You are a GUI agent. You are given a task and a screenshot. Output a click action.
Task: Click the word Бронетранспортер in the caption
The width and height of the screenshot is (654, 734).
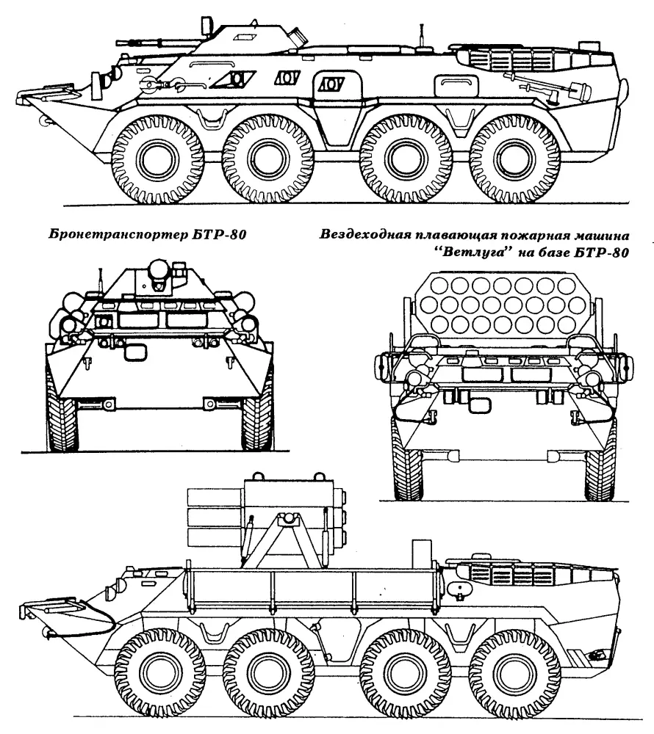click(119, 234)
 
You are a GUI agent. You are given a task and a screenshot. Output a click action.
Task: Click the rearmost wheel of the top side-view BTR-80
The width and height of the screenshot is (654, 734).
click(515, 159)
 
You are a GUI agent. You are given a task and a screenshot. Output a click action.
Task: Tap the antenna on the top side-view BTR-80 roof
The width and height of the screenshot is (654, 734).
click(422, 35)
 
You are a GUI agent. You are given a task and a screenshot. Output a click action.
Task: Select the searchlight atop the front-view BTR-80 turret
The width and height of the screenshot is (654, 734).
click(158, 269)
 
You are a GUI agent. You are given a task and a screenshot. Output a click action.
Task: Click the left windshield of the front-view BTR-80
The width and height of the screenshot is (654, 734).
click(140, 320)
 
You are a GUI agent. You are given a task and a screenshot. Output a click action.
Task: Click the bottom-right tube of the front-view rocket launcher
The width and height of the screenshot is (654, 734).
click(566, 323)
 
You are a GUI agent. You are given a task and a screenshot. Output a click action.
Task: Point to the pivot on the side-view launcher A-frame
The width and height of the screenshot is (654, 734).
click(289, 517)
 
